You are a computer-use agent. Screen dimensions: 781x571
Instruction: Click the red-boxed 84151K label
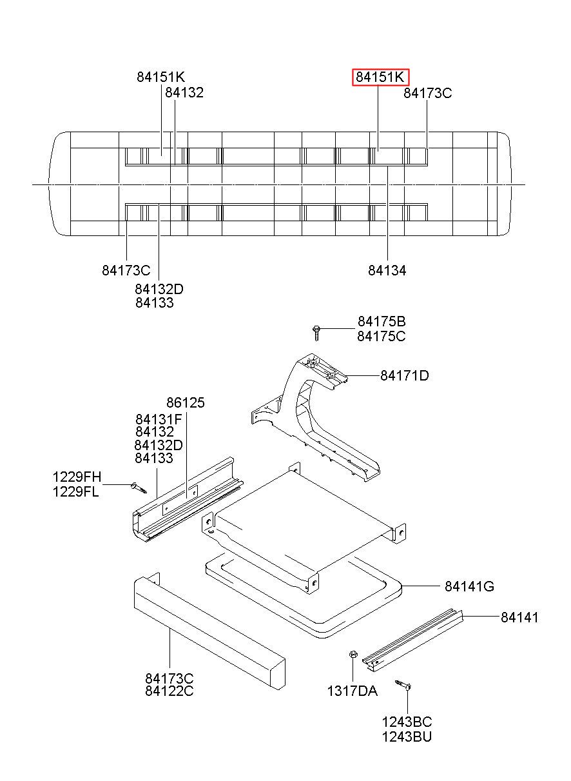click(381, 77)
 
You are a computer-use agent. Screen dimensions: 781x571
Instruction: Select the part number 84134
click(387, 271)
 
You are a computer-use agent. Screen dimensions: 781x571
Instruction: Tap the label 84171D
click(404, 375)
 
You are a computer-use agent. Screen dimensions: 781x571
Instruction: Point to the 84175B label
click(382, 322)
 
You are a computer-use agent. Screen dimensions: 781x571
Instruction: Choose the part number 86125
click(185, 403)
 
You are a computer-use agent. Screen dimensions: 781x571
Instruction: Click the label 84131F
click(159, 419)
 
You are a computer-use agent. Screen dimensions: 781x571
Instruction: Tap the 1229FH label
click(77, 477)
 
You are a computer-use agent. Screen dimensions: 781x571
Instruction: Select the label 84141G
click(469, 586)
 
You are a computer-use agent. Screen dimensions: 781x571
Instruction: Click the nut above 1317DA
click(353, 655)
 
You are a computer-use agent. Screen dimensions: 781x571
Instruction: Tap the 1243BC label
click(407, 722)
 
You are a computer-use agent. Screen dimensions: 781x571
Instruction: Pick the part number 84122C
click(169, 691)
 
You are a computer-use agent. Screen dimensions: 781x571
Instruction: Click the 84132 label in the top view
click(184, 92)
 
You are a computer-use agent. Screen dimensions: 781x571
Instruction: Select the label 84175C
click(382, 336)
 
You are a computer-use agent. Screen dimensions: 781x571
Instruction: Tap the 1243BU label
click(407, 736)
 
